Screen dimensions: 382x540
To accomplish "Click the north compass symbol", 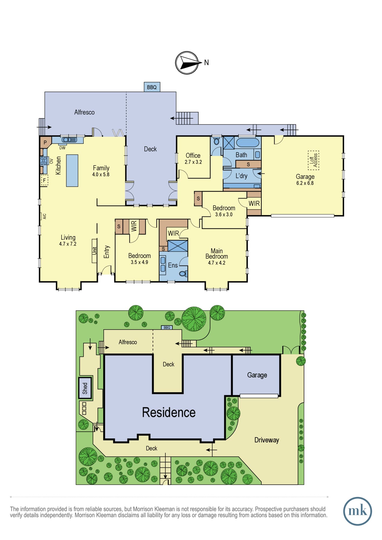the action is pyautogui.click(x=187, y=63).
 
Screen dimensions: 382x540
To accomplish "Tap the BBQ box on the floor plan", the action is pyautogui.click(x=152, y=87).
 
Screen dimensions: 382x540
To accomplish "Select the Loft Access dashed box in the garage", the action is pyautogui.click(x=313, y=160).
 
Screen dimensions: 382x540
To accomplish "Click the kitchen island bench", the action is pyautogui.click(x=72, y=171).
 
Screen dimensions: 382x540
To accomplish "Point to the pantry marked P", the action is pyautogui.click(x=45, y=143).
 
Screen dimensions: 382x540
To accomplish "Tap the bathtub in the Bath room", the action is pyautogui.click(x=248, y=142).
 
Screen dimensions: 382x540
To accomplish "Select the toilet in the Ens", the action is pyautogui.click(x=183, y=274).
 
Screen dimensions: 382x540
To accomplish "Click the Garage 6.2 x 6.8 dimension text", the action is pyautogui.click(x=305, y=183).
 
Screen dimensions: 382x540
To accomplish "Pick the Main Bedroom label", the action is pyautogui.click(x=217, y=254).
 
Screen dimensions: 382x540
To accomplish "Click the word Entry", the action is pyautogui.click(x=107, y=252).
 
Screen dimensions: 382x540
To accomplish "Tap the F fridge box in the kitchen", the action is pyautogui.click(x=44, y=180).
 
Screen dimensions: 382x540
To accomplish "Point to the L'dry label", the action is pyautogui.click(x=241, y=176).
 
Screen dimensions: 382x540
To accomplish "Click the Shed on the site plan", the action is pyautogui.click(x=85, y=388).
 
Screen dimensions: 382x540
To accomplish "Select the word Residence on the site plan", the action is pyautogui.click(x=169, y=412).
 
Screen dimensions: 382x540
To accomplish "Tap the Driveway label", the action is pyautogui.click(x=267, y=440).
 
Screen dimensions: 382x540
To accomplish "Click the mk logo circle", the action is pyautogui.click(x=357, y=511).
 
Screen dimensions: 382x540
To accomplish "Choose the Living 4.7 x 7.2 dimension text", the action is pyautogui.click(x=68, y=244).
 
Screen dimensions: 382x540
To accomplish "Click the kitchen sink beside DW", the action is pyautogui.click(x=69, y=140).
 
